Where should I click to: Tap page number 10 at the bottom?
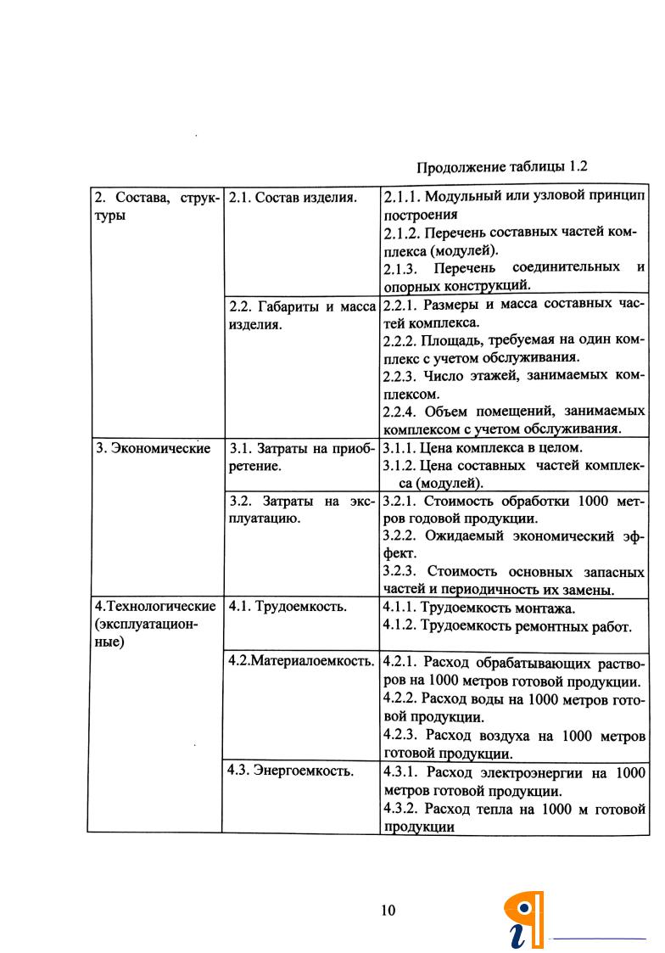pos(388,911)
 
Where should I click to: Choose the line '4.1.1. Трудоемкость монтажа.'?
pos(479,608)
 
